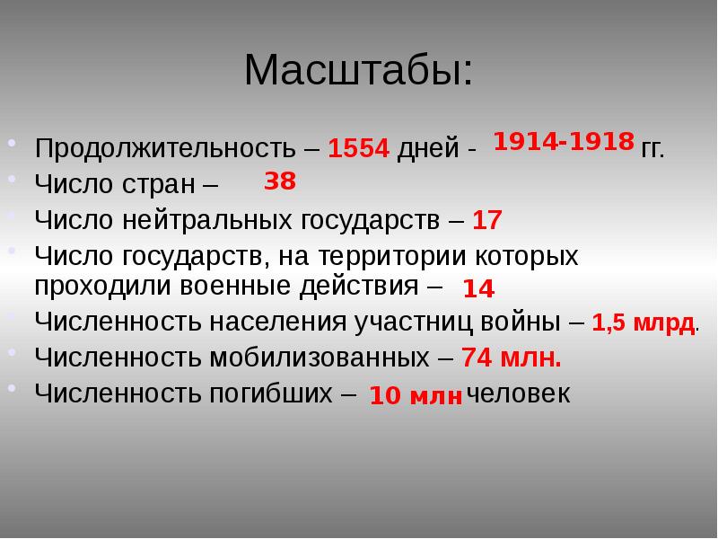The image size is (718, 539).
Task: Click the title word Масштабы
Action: tap(356, 71)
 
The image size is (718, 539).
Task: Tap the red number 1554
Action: tap(359, 148)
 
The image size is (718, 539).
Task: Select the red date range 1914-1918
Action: tap(564, 142)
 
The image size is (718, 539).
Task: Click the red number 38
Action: tap(280, 181)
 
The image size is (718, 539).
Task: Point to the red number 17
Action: tap(487, 219)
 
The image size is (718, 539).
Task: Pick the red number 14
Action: tap(479, 289)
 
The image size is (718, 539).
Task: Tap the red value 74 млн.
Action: tap(512, 358)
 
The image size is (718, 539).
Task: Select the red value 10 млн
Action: tap(416, 396)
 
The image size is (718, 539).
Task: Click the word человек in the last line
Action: tap(519, 394)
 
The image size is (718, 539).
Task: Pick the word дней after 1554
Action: tap(428, 148)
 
